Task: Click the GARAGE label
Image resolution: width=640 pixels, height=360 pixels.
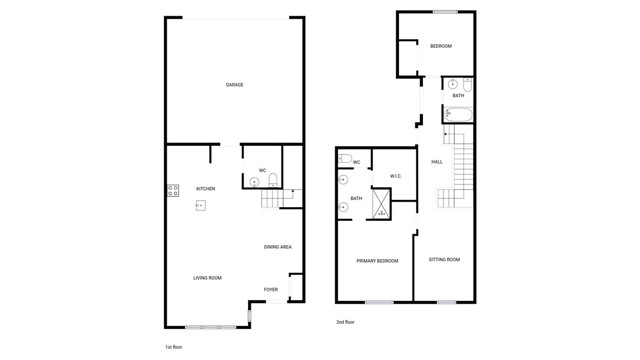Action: tap(234, 85)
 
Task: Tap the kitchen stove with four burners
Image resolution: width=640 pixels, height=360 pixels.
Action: tap(172, 189)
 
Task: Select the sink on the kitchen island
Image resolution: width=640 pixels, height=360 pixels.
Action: tap(200, 206)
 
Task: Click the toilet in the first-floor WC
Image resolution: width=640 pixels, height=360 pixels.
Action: tap(273, 181)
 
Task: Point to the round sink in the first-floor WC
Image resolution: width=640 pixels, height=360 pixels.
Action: tap(252, 182)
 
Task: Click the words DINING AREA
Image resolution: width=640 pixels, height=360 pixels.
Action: tap(277, 247)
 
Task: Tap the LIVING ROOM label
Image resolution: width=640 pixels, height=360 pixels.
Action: tap(207, 278)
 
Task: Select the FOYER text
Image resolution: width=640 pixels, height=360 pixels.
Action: tap(271, 290)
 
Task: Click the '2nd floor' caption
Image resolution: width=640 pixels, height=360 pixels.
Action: tap(345, 322)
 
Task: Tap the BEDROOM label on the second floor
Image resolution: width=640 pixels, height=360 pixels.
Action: tap(441, 47)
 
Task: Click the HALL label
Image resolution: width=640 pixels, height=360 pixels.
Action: tap(437, 162)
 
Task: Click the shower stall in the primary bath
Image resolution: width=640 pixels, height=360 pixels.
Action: tap(380, 203)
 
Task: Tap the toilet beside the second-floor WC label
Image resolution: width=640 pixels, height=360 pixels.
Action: tap(345, 159)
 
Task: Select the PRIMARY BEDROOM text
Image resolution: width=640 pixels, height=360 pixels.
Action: tap(377, 261)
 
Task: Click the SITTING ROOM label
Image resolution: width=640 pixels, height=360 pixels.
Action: tap(444, 260)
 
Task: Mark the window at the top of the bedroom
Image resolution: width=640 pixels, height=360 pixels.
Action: tap(445, 12)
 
